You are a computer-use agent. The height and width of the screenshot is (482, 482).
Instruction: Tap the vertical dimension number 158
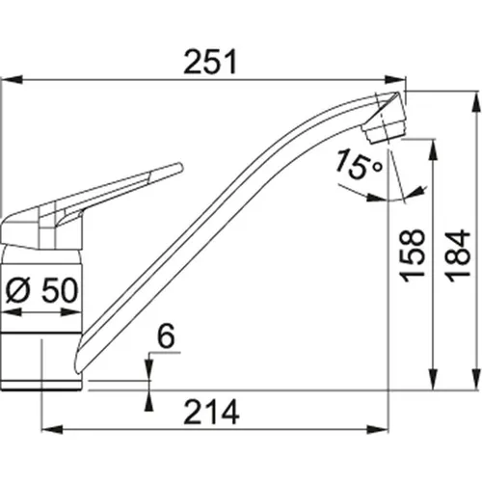point(412,255)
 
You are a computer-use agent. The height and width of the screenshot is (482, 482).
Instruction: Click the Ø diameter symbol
point(16,288)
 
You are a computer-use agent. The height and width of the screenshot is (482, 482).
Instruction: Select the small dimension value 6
point(165,336)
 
